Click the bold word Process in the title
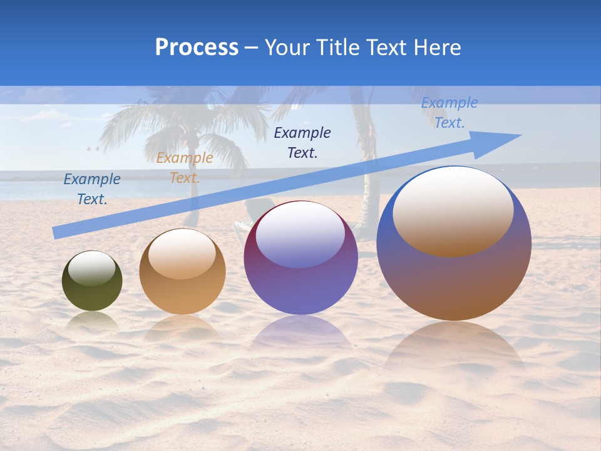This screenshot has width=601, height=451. [197, 48]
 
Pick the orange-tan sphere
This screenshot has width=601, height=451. [182, 294]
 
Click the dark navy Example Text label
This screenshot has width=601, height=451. [302, 142]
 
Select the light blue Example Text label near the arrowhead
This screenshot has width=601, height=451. [449, 113]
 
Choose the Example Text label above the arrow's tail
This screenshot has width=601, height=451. [92, 189]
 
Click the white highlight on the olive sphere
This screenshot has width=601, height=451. [92, 268]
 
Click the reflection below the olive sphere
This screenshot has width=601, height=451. [92, 321]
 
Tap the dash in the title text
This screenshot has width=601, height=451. [251, 48]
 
